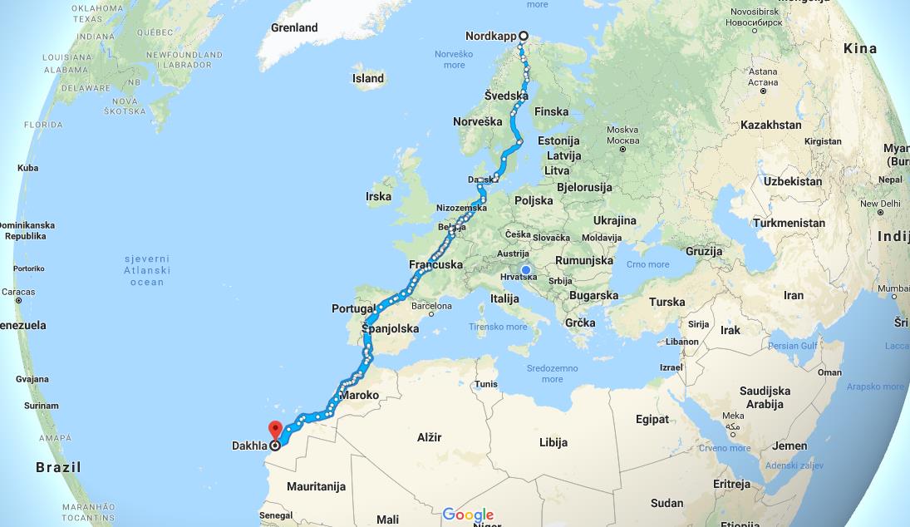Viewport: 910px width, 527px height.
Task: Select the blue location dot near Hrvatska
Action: coord(526,269)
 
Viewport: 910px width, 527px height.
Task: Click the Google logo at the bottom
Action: coord(468,515)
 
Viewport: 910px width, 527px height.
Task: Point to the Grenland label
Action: coord(294,27)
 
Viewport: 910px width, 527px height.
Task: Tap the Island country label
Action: coord(368,79)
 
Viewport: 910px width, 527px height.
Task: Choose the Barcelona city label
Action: coord(430,306)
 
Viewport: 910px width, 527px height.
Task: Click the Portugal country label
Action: coord(354,308)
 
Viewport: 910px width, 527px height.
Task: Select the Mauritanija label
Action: coord(316,486)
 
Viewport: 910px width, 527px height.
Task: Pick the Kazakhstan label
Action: coord(771,125)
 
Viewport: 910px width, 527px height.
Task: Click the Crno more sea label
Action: coord(647,264)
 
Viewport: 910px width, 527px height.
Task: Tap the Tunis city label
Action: coord(486,384)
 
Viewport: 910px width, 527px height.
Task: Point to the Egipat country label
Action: coord(652,419)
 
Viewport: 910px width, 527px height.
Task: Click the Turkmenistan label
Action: coord(789,223)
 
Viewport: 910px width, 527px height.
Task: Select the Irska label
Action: coord(378,197)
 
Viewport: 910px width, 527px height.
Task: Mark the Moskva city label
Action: coord(622,130)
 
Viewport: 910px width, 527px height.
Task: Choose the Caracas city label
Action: coord(18,292)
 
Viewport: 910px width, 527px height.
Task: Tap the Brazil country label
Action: coord(58,467)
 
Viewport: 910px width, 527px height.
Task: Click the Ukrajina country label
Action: coord(615,220)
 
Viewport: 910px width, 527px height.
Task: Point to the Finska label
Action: coord(552,111)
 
